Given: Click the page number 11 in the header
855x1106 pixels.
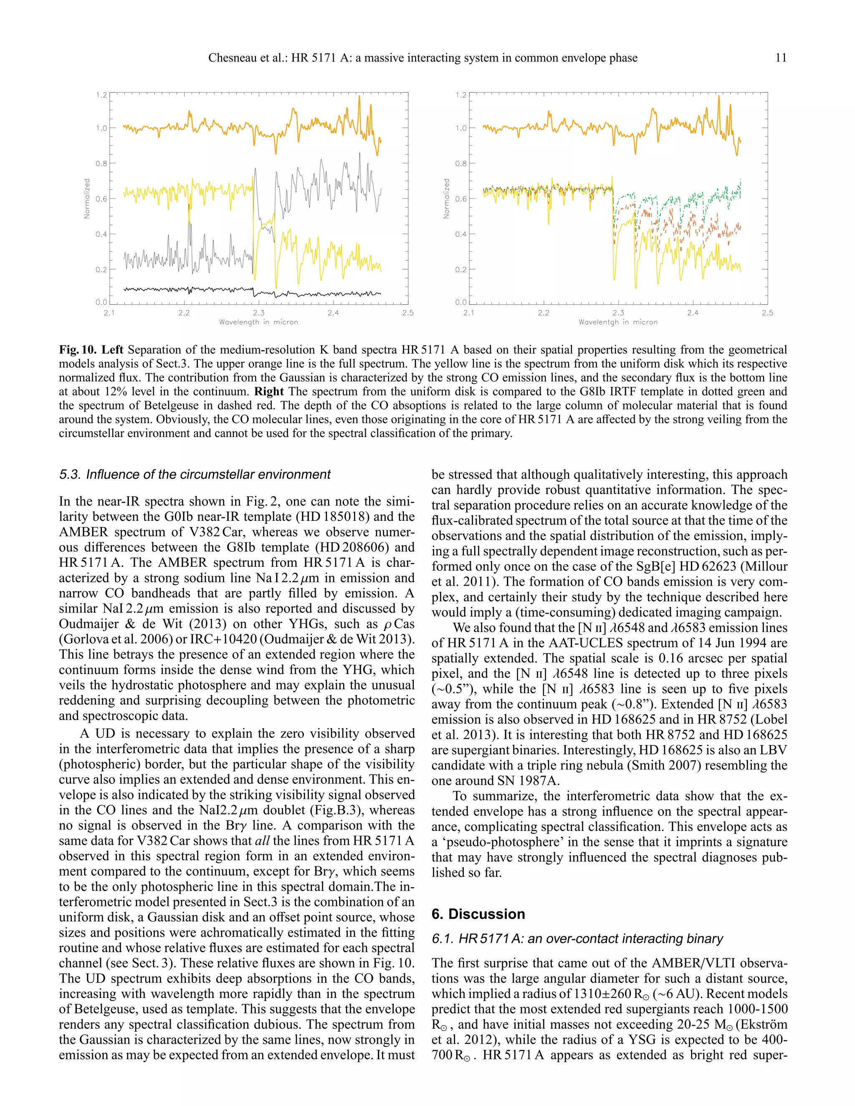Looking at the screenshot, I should pos(781,58).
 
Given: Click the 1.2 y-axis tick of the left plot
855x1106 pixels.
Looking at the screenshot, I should pos(101,95).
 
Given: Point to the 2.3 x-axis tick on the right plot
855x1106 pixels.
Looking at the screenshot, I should pos(618,313).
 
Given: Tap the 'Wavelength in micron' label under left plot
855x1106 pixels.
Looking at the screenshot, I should pos(258,322).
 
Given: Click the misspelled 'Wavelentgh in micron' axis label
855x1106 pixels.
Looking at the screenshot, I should pos(618,322).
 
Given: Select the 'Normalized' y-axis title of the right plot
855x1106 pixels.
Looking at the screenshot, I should pos(446,199).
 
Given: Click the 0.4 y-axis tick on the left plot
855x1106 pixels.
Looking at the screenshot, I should pos(101,234).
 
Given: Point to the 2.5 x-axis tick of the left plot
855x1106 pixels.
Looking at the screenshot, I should pos(408,313).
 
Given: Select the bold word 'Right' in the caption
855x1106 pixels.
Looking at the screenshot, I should pos(269,391).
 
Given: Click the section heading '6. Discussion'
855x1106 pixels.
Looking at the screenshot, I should pos(478,914).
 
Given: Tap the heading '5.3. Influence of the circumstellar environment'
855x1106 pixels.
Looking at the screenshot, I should pos(195,475).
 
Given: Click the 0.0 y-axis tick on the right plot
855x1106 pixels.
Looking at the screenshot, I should pos(461,302).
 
